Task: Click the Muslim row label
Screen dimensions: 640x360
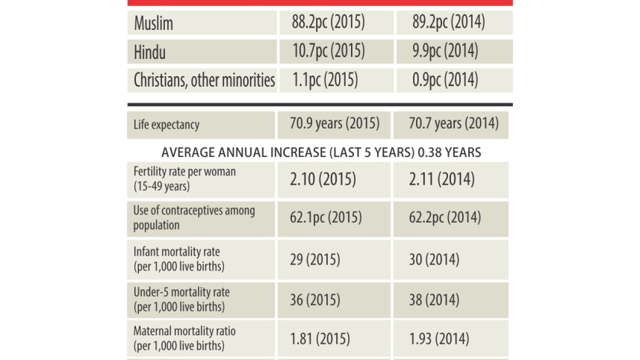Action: pos(154,23)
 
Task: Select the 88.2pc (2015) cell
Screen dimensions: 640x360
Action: pos(328,22)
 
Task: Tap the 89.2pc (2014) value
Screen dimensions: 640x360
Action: pos(449,22)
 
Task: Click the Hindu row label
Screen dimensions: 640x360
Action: pos(150,52)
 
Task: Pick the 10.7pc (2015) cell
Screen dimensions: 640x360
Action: pos(329,51)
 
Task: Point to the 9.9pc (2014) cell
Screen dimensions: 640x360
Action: pos(445,51)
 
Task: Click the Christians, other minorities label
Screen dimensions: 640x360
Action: pos(205,80)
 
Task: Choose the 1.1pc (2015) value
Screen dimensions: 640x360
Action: pos(325,80)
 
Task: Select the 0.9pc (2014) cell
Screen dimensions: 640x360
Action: pos(445,80)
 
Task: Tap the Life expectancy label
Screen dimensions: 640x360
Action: pos(167,125)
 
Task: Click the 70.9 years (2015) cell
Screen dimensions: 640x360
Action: pos(335,123)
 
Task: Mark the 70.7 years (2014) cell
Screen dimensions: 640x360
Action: pos(454,123)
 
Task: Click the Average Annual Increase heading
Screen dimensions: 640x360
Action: pos(321,152)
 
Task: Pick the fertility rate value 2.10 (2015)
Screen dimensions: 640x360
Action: pos(323,179)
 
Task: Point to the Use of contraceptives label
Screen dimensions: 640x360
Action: pos(194,217)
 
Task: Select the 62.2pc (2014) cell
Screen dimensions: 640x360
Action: pos(445,217)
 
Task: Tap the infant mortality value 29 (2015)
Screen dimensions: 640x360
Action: pos(315,260)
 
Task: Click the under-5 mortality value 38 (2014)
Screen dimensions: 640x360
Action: pos(435,300)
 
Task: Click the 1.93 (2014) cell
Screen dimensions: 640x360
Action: pos(439,339)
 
